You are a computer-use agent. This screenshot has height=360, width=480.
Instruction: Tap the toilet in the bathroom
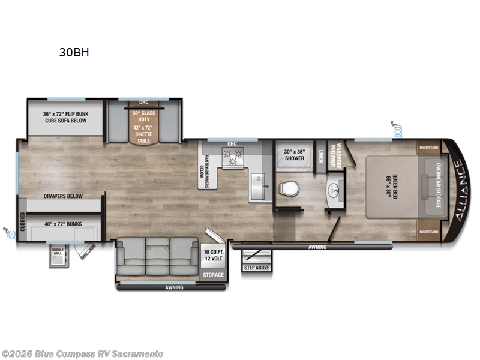pyautogui.click(x=288, y=189)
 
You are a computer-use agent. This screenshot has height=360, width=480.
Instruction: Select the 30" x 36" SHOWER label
pyautogui.click(x=294, y=155)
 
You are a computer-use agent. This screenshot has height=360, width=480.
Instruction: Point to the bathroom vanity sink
pyautogui.click(x=334, y=191)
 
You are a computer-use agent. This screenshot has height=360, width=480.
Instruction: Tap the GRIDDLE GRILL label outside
pyautogui.click(x=58, y=251)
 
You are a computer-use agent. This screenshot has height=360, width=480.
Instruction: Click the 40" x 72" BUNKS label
pyautogui.click(x=62, y=224)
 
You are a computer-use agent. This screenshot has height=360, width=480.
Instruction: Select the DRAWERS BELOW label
pyautogui.click(x=62, y=196)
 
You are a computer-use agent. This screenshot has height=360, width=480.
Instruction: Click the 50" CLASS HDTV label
pyautogui.click(x=143, y=117)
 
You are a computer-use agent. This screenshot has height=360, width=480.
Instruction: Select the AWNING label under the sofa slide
pyautogui.click(x=175, y=287)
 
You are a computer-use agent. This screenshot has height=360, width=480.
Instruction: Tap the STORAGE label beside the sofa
pyautogui.click(x=212, y=275)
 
